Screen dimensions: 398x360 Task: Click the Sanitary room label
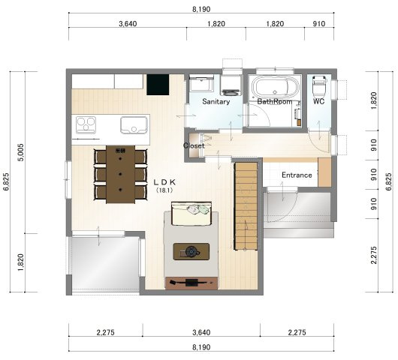pos(216,102)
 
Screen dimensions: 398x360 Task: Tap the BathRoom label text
pos(274,102)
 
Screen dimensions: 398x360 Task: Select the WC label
pos(318,101)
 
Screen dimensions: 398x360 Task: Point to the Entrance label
pos(297,175)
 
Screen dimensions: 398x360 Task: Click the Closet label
pos(194,145)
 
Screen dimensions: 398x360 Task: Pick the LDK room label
pos(164,182)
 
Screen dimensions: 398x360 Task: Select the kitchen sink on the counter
pos(134,124)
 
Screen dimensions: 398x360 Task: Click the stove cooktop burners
pos(86,124)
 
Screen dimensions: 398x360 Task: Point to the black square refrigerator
pos(158,85)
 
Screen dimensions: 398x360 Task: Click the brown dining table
pos(121,174)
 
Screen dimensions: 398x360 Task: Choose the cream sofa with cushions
pos(191,214)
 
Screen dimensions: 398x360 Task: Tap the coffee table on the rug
pos(191,251)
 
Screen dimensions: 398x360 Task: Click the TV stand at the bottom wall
pos(191,283)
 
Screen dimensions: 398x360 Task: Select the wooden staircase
pos(246,206)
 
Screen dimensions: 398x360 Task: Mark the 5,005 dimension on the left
pos(21,152)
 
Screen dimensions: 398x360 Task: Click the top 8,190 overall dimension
pos(201,9)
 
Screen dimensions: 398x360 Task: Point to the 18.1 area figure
pos(164,190)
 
